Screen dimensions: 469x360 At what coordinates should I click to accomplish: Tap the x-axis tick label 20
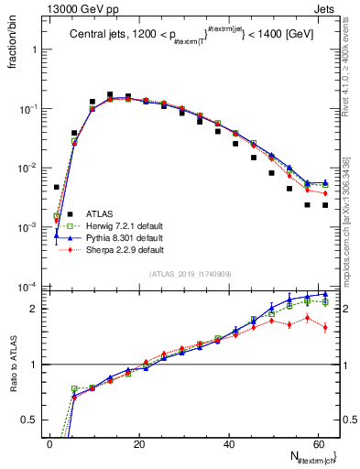point(139,443)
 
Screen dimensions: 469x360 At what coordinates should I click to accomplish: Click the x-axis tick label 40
point(229,443)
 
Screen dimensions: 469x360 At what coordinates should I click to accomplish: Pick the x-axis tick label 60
point(319,443)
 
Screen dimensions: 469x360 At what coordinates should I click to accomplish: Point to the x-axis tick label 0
point(49,443)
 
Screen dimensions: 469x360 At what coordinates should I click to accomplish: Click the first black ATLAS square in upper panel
point(57,187)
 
